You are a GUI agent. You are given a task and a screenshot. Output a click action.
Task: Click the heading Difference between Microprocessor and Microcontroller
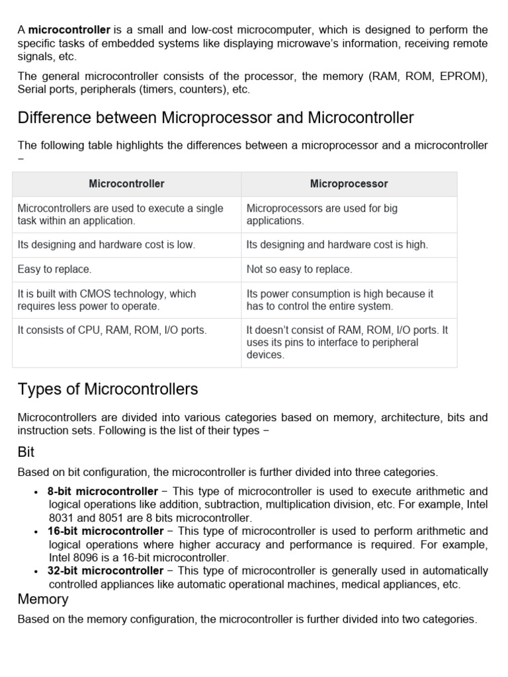point(216,118)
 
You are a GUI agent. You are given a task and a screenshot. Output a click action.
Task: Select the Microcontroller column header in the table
point(126,184)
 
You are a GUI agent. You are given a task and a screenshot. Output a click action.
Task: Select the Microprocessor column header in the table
point(349,184)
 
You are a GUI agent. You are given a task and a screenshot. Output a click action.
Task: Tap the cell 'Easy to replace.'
point(55,269)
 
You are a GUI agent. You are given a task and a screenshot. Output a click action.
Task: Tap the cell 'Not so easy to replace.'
point(299,269)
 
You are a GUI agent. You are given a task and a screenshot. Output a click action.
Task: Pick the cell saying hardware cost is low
point(106,245)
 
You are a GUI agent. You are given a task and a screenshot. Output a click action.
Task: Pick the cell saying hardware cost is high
point(337,245)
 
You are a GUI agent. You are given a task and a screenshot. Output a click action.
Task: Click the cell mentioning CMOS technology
point(106,299)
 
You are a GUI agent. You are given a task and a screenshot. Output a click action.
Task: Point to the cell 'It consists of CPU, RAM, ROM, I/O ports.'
point(112,330)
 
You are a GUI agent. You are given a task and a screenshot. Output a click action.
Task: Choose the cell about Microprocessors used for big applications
point(322,214)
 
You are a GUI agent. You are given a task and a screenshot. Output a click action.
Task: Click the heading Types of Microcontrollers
point(108,389)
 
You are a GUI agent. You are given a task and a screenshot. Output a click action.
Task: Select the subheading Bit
point(26,452)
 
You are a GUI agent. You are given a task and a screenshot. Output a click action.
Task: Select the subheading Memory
point(43,599)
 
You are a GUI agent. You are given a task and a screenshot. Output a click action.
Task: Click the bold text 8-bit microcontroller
point(103,491)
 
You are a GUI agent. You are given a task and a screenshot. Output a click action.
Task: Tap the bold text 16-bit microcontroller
point(105,531)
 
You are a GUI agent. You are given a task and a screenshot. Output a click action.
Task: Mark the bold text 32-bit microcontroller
point(105,571)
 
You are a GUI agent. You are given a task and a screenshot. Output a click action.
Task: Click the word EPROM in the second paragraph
point(465,76)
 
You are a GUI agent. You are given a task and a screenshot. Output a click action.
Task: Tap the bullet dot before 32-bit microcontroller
point(35,572)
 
